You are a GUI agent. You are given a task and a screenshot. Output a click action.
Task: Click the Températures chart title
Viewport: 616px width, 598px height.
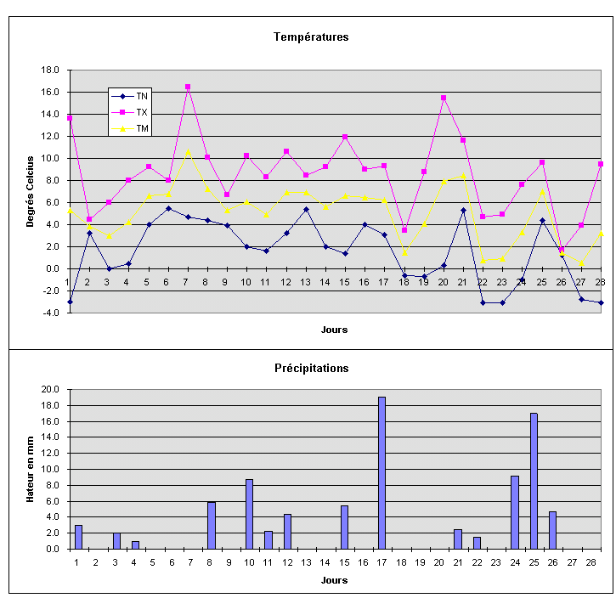[x=311, y=37]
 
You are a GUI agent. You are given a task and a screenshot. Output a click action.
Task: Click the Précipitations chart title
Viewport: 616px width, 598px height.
[x=311, y=368]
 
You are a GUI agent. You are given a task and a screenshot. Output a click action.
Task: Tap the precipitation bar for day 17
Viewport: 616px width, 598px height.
[x=381, y=473]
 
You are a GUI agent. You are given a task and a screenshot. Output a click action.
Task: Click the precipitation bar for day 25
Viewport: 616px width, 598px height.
[x=534, y=481]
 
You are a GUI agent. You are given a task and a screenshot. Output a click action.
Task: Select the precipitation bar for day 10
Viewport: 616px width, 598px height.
[x=249, y=514]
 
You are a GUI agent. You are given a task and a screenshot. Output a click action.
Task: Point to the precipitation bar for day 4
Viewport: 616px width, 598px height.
[x=135, y=544]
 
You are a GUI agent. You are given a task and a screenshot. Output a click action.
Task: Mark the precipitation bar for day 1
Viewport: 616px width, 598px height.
[x=78, y=537]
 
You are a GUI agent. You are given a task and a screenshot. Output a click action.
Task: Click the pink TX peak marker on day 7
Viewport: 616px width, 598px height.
[x=188, y=87]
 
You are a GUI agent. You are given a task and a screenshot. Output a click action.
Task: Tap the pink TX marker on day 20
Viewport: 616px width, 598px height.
[x=444, y=98]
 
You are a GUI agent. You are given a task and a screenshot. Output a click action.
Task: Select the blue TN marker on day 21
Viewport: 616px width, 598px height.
[x=463, y=210]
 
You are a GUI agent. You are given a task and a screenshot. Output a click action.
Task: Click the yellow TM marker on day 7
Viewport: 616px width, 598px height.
[x=188, y=152]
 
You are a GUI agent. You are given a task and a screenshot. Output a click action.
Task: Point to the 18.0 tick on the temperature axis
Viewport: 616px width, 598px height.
[x=50, y=70]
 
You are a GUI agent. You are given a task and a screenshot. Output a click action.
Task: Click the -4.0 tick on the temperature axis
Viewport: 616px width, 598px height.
[x=50, y=313]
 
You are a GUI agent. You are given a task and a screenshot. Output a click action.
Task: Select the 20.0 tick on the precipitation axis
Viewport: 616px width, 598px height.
[x=50, y=389]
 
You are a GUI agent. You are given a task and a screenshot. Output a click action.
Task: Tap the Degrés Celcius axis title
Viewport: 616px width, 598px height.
[x=30, y=191]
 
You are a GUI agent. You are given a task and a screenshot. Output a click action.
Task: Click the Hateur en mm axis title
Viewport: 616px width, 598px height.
[x=30, y=469]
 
